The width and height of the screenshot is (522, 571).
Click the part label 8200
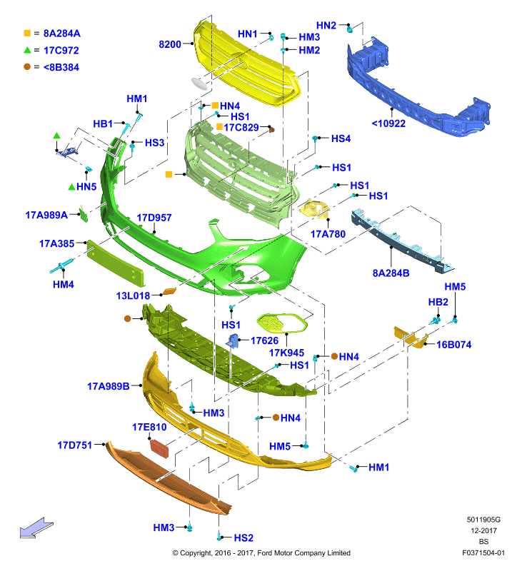[x=170, y=44]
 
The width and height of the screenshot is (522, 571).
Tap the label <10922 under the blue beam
[x=388, y=123]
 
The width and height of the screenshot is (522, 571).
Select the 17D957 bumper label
[x=154, y=218]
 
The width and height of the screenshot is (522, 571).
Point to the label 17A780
[x=328, y=234]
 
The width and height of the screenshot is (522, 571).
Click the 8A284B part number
[x=391, y=273]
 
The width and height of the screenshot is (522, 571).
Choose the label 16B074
[x=454, y=345]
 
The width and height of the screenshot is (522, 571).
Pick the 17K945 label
[x=286, y=353]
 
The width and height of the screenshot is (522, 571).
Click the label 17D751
[x=75, y=445]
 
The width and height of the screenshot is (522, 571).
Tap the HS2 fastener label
[x=244, y=537]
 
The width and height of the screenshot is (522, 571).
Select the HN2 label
[x=326, y=25]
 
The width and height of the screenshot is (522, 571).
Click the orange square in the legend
[x=27, y=33]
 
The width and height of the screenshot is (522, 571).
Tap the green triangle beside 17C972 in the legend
[x=27, y=50]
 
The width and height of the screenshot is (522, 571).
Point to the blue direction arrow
[x=36, y=527]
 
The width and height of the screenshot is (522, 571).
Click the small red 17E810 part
[x=159, y=448]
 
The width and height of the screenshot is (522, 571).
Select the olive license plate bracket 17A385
[x=115, y=262]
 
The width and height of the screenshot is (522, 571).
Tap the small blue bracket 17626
[x=233, y=340]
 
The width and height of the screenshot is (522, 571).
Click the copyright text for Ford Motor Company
[x=261, y=552]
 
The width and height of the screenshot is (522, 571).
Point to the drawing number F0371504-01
[x=483, y=552]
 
